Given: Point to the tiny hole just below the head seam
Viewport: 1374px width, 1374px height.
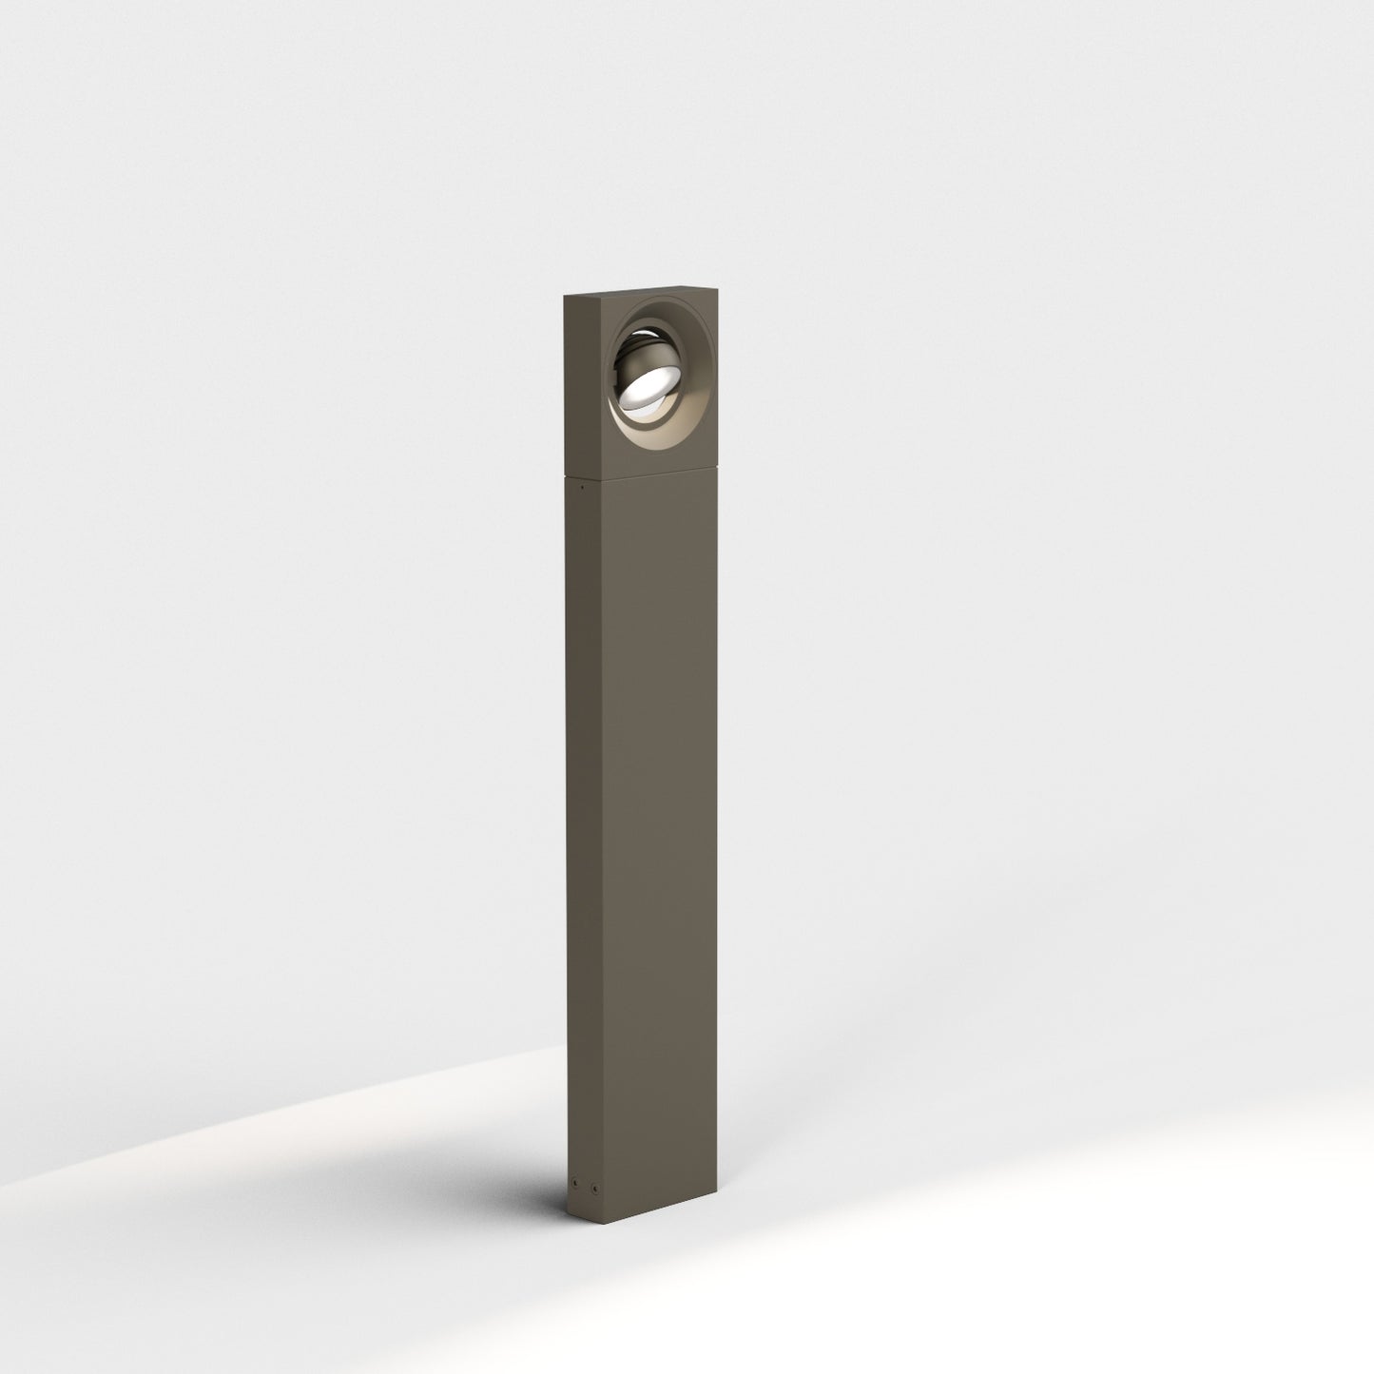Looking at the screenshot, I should coord(582,488).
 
